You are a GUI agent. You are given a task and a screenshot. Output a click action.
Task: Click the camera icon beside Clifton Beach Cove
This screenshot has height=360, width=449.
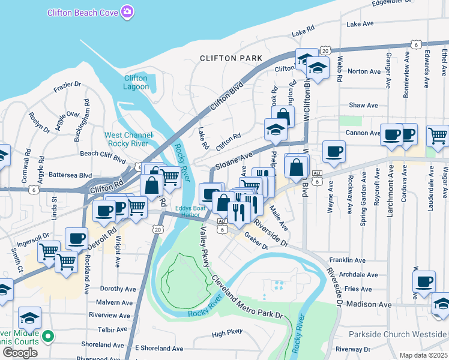(127, 11)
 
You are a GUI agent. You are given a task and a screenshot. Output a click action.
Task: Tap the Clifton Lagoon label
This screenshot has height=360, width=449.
(136, 82)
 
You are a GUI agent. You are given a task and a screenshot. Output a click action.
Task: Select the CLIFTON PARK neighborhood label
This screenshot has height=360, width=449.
(231, 58)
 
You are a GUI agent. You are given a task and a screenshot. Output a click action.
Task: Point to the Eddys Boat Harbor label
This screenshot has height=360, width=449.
(190, 212)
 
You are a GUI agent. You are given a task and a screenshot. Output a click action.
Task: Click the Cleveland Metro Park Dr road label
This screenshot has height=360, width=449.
(246, 298)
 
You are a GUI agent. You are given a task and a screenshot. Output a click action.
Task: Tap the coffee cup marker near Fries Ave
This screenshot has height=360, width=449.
(424, 281)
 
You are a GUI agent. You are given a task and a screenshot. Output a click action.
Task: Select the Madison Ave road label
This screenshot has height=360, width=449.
(369, 304)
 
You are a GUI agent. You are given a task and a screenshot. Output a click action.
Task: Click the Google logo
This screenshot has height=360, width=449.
(20, 352)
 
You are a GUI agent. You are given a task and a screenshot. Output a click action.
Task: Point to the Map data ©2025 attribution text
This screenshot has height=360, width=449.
(423, 355)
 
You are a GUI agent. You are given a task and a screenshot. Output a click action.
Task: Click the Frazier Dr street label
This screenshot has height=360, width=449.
(67, 85)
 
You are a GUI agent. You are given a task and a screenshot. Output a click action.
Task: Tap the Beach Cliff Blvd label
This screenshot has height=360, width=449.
(103, 154)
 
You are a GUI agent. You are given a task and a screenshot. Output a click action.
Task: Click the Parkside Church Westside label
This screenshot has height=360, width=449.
(399, 334)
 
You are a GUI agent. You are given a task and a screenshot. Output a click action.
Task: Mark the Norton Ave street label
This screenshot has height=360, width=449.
(364, 71)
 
